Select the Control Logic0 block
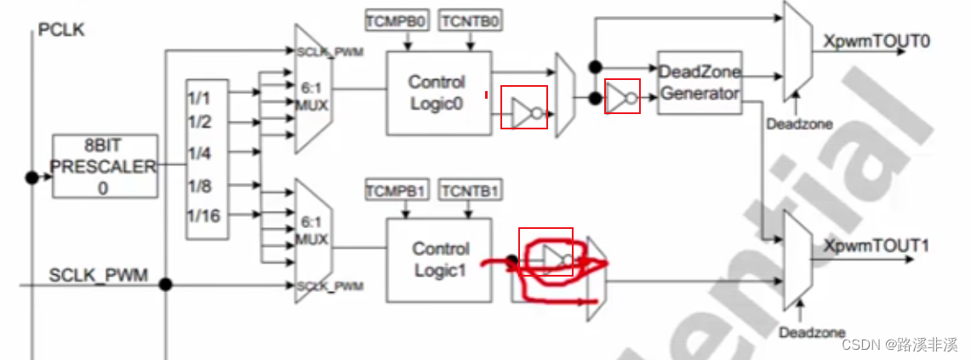[x=437, y=93]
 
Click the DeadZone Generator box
[x=700, y=83]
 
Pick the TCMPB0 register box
[x=397, y=19]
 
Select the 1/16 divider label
[x=203, y=216]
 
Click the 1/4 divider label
[x=199, y=153]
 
